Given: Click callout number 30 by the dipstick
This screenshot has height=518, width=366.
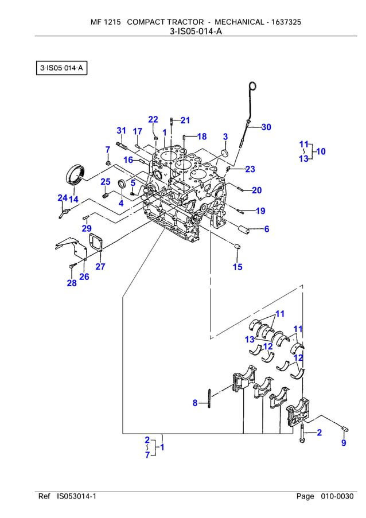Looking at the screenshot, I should [x=266, y=127].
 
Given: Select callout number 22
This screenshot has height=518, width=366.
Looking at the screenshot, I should [x=153, y=119].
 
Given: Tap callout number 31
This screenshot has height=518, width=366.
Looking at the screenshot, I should [x=121, y=131].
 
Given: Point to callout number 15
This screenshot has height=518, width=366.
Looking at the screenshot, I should [x=237, y=267].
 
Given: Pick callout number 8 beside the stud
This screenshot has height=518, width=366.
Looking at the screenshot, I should [x=195, y=403].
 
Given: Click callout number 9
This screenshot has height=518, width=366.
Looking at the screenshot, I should [x=344, y=442].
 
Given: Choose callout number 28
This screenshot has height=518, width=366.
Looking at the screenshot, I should [x=71, y=283].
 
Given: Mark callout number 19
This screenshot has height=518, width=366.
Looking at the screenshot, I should [x=260, y=211].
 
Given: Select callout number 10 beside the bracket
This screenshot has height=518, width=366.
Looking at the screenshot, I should [x=320, y=151].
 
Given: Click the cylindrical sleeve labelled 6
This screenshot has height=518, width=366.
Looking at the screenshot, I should [x=246, y=228].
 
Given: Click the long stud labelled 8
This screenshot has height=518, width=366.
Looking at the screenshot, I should [x=210, y=400].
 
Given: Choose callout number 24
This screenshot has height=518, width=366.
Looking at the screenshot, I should [x=62, y=198].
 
